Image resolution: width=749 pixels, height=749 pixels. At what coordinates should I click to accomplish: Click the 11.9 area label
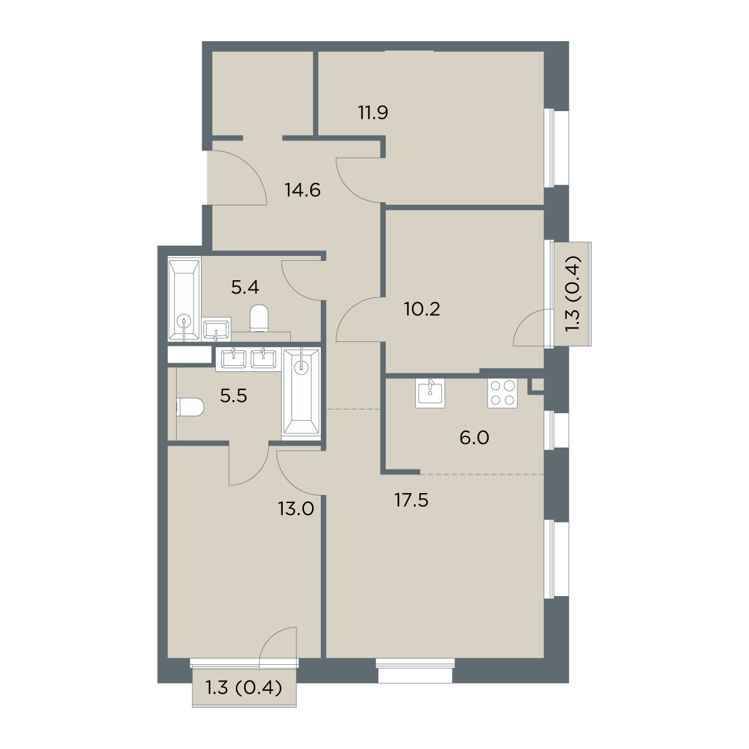coord(373,113)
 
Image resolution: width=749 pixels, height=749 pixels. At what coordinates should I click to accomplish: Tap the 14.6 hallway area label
coord(303,190)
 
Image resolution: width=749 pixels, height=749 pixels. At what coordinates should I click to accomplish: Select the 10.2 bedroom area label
coord(422,310)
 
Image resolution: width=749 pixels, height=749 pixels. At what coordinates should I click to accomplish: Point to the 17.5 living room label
coord(411,500)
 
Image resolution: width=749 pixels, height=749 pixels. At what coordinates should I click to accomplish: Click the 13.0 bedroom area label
coord(296,509)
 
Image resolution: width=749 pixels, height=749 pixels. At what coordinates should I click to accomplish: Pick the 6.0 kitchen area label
coord(474,438)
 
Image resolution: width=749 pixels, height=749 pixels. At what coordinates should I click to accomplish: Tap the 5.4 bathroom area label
coord(245,288)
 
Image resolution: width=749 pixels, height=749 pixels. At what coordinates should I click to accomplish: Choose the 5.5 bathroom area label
coord(233,396)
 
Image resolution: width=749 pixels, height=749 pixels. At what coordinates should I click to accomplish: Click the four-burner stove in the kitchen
coord(502,394)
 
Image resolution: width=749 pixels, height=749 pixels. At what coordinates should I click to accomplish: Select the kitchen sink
coord(430,393)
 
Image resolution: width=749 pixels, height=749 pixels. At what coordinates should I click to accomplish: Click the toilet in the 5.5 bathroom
coord(190,407)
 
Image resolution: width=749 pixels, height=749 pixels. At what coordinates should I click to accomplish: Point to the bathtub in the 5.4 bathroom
coord(184,300)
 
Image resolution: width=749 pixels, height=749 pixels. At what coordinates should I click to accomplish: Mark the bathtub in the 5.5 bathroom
coord(301,393)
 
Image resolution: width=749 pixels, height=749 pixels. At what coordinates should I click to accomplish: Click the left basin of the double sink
coord(233,359)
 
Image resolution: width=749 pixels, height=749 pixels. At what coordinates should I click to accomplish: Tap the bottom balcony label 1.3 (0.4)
coord(243,700)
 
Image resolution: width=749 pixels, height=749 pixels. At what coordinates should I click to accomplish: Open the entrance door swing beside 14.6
coord(237,177)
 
